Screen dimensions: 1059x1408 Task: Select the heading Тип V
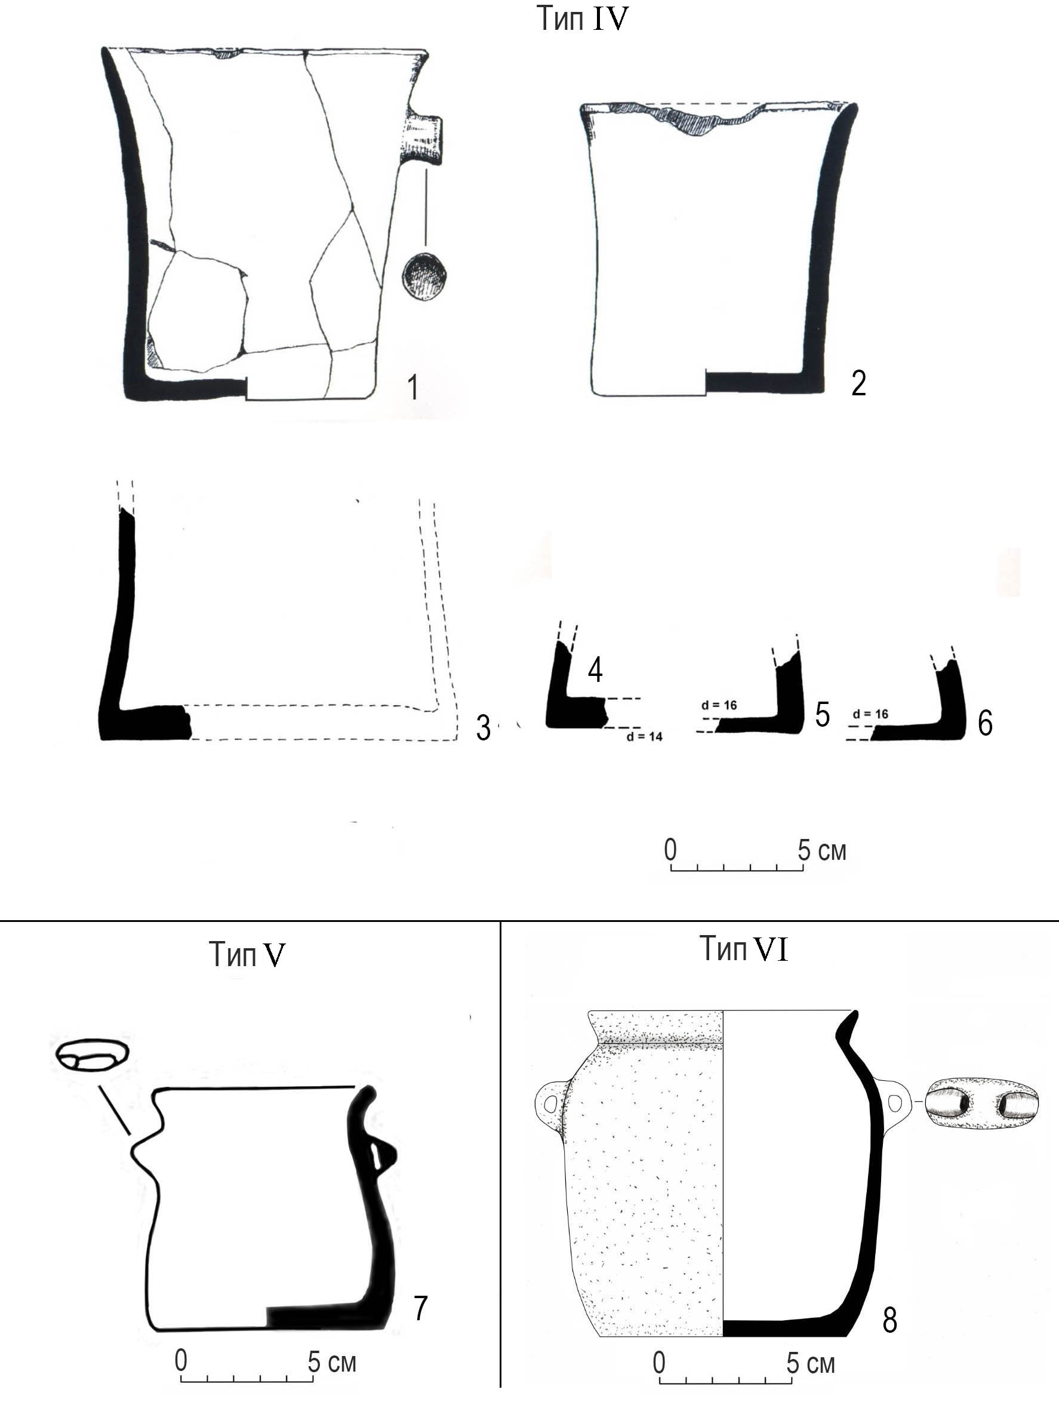(247, 954)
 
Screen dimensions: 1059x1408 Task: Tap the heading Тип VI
(743, 948)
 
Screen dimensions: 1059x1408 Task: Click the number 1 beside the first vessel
(413, 387)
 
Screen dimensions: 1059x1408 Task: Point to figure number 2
(858, 383)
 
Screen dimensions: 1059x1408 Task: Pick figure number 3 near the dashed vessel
(484, 728)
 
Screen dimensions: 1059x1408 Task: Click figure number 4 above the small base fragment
(595, 669)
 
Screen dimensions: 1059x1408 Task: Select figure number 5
(822, 715)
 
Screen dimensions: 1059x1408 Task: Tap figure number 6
(984, 724)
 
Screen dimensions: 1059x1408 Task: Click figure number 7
(420, 1309)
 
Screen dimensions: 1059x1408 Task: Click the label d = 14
(644, 736)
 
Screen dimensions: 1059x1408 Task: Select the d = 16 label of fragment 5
(719, 705)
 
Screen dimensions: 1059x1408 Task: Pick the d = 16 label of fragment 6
(870, 714)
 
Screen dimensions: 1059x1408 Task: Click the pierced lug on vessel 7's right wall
(384, 1155)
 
